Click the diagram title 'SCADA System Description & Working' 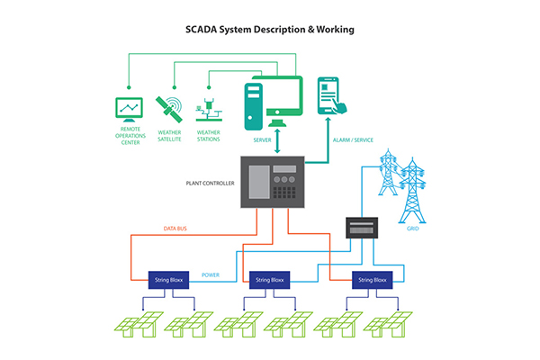tap(269, 29)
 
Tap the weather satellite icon tap(169, 108)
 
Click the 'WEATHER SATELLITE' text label tap(169, 136)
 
